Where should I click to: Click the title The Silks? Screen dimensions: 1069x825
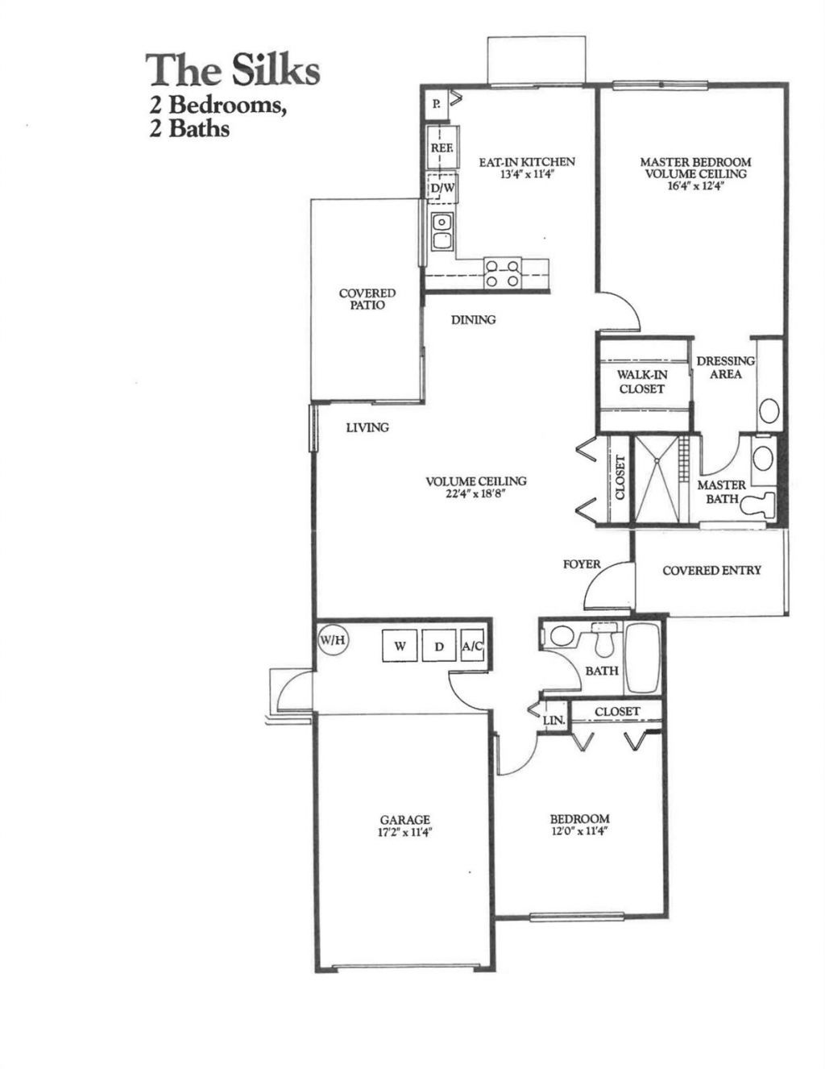(x=233, y=70)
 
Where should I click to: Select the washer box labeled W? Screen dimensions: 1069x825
(x=400, y=646)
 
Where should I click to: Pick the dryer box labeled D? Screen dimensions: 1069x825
(x=439, y=646)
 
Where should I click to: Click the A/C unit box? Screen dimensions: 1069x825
(x=473, y=646)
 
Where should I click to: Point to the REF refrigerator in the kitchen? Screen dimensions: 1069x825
(x=442, y=148)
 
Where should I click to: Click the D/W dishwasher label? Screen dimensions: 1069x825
(x=443, y=189)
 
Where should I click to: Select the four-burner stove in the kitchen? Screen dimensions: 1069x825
(x=503, y=272)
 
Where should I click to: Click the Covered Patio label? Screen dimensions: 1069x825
(x=367, y=299)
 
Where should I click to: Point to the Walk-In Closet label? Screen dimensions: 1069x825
(x=642, y=381)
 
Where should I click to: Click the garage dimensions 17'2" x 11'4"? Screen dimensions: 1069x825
(x=404, y=834)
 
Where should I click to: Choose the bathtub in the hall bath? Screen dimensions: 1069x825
(x=642, y=658)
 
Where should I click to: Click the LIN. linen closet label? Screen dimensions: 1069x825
(x=553, y=720)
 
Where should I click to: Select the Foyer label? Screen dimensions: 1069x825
(x=582, y=564)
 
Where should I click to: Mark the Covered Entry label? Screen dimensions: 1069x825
(x=711, y=571)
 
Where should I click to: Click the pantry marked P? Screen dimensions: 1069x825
(x=436, y=103)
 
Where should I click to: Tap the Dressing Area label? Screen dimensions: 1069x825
(x=726, y=368)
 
